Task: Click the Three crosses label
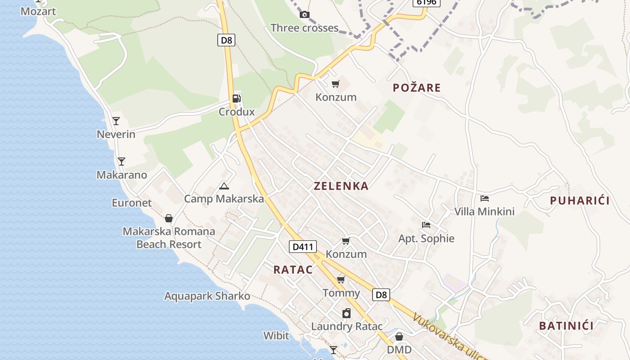pyautogui.click(x=304, y=28)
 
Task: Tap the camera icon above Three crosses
pyautogui.click(x=305, y=14)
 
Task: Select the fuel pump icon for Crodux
pyautogui.click(x=236, y=99)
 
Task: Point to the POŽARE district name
pyautogui.click(x=417, y=88)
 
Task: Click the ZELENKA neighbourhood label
pyautogui.click(x=341, y=186)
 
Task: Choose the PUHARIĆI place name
pyautogui.click(x=580, y=201)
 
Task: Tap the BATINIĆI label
pyautogui.click(x=566, y=326)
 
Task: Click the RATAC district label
pyautogui.click(x=293, y=270)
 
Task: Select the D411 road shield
pyautogui.click(x=302, y=247)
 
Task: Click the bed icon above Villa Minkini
pyautogui.click(x=484, y=198)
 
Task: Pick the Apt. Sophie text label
pyautogui.click(x=426, y=238)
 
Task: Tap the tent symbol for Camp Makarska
pyautogui.click(x=224, y=186)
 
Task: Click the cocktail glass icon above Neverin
pyautogui.click(x=116, y=121)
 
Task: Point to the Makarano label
pyautogui.click(x=121, y=175)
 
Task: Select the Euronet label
pyautogui.click(x=132, y=203)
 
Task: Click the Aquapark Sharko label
pyautogui.click(x=207, y=296)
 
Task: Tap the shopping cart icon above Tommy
pyautogui.click(x=341, y=280)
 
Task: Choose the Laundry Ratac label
pyautogui.click(x=346, y=326)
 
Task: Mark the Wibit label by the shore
pyautogui.click(x=276, y=335)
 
